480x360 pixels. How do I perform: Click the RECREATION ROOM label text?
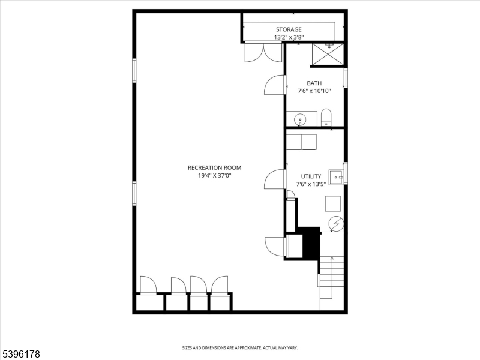click(214, 167)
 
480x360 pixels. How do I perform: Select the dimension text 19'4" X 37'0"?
click(214, 176)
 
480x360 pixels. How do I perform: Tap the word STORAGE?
click(289, 29)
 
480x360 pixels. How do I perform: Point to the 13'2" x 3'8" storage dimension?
click(289, 37)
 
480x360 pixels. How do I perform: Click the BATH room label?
click(314, 83)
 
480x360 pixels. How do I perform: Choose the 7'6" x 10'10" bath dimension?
click(314, 91)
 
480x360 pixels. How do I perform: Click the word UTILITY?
click(311, 176)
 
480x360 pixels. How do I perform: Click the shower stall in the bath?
click(328, 55)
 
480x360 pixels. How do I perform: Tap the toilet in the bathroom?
click(326, 116)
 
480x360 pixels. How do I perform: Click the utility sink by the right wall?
click(337, 177)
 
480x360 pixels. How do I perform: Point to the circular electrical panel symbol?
click(336, 224)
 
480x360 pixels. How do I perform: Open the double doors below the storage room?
click(263, 53)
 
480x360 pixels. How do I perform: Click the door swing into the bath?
click(275, 85)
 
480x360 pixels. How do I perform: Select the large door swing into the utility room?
click(275, 179)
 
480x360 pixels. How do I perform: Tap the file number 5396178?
click(20, 355)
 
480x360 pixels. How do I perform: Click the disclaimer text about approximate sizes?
click(239, 347)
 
